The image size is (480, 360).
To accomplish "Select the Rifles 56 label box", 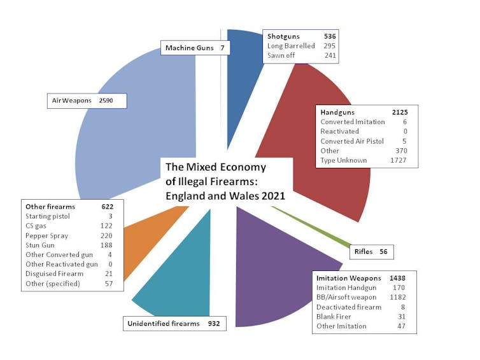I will coord(371,252).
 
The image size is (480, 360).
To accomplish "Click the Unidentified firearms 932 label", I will coord(174,324).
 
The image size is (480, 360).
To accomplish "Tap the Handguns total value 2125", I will coord(400,112).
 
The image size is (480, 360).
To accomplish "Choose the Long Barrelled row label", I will coord(290,46).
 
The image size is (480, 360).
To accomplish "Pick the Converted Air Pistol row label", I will coord(352,141).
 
